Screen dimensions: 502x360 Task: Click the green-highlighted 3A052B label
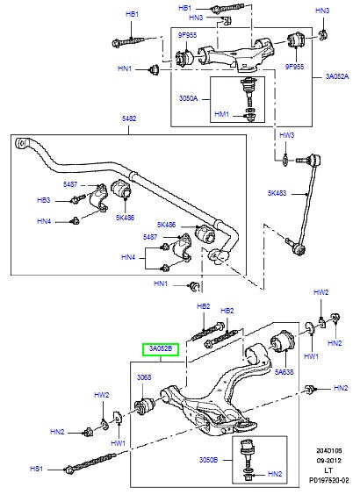pos(160,348)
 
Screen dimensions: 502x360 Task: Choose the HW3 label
pos(286,135)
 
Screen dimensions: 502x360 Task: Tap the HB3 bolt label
pos(68,200)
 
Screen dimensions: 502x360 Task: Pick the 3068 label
pos(145,378)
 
